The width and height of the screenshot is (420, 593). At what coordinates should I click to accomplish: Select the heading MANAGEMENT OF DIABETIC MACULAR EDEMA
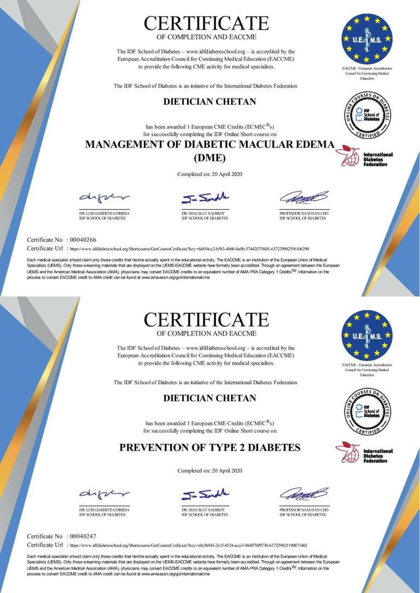point(209,145)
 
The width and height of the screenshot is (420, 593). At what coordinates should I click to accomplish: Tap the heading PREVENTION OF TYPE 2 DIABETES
point(209,448)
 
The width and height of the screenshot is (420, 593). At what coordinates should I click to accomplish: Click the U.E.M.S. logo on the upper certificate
point(367,38)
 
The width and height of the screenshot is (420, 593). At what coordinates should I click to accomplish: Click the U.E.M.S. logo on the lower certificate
point(367,336)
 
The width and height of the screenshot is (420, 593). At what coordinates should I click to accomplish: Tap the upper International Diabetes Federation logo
point(364,156)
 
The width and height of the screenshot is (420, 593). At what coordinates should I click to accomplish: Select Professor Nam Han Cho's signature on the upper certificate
point(304,197)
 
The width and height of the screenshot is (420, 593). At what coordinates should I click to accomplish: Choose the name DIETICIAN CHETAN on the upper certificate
point(209,101)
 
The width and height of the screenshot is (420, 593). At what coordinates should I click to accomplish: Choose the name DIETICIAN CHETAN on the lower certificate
point(209,398)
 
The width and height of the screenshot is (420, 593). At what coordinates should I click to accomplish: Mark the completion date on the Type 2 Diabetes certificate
point(209,471)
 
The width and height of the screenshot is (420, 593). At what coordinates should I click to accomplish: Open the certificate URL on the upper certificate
point(189,248)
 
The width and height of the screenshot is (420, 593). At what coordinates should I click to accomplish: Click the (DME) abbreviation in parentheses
point(209,158)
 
